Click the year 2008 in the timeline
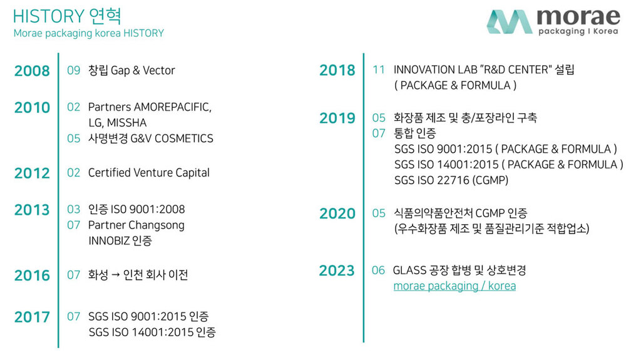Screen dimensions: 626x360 [x=32, y=71]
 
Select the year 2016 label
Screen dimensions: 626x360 [x=32, y=275]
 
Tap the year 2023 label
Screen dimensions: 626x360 [x=337, y=270]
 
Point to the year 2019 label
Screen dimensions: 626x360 [x=337, y=118]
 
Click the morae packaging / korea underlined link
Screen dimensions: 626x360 [x=454, y=286]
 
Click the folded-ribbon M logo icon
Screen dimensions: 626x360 [x=510, y=21]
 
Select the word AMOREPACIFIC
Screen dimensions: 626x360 [x=173, y=107]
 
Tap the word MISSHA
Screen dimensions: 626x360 [x=127, y=123]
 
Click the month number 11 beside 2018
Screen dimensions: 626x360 [x=379, y=70]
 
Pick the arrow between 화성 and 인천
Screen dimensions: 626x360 [x=115, y=275]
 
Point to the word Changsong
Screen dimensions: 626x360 [x=159, y=225]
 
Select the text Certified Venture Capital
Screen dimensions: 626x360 [x=148, y=173]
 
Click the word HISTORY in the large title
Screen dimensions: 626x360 [x=49, y=16]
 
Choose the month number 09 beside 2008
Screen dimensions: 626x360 [x=73, y=71]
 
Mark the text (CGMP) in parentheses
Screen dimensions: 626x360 [x=490, y=180]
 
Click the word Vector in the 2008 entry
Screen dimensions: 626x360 [x=159, y=71]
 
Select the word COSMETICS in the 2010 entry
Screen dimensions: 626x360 [x=183, y=138]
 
